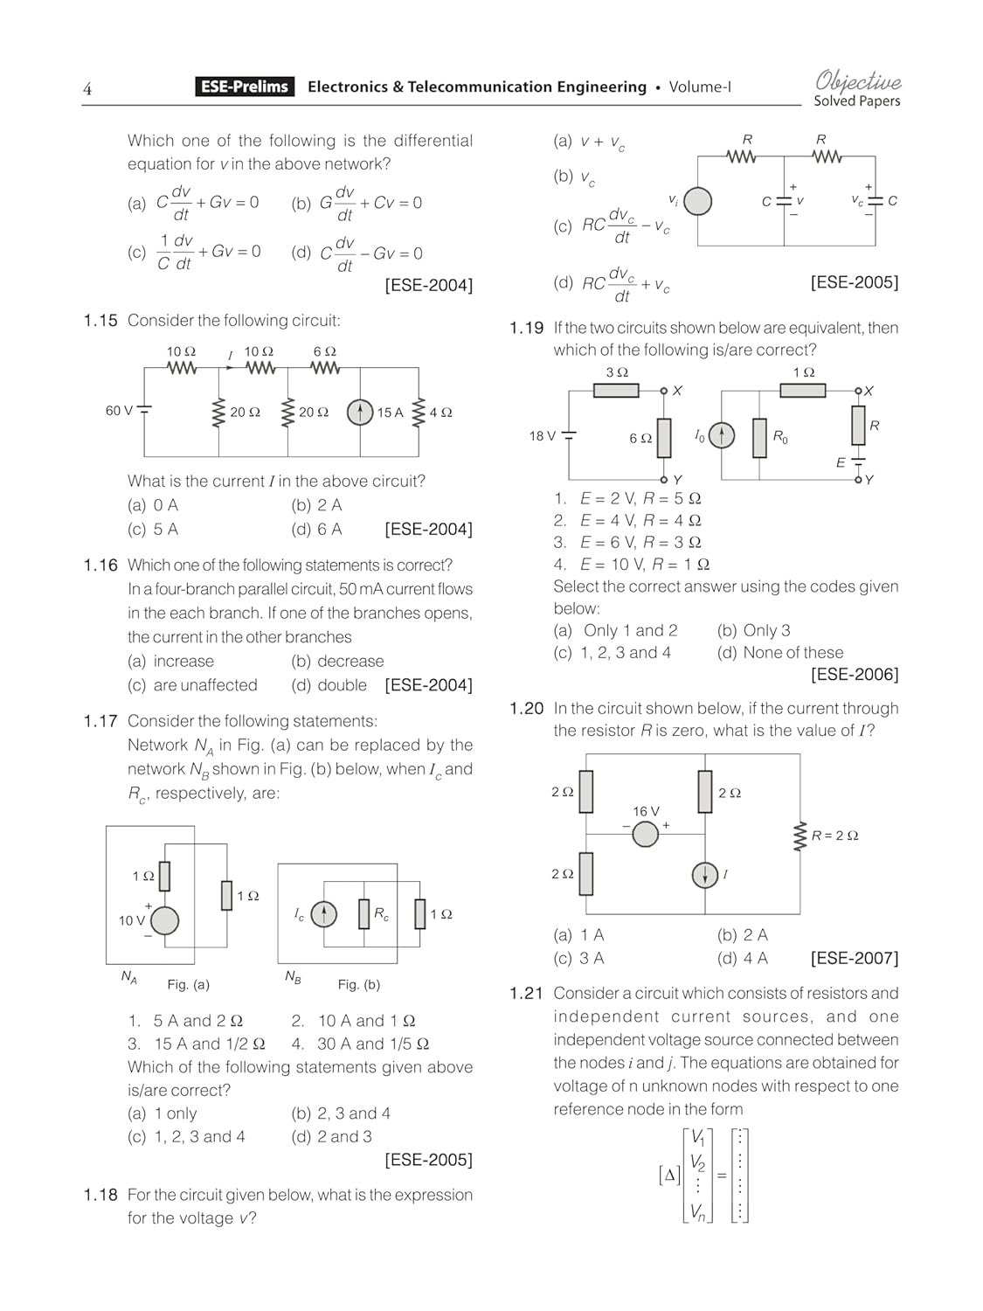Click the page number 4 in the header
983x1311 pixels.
pos(87,88)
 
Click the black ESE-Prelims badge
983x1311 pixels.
pos(245,87)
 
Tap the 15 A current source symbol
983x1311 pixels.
pos(360,412)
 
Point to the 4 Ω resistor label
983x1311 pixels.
pos(440,413)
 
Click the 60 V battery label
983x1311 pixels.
pos(119,411)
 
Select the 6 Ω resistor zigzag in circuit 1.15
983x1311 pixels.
pos(325,369)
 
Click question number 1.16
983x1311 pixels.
pos(100,565)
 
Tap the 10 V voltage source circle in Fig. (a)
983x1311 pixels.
pos(164,920)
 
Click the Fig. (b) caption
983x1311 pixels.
pos(358,984)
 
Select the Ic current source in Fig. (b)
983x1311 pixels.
pos(323,914)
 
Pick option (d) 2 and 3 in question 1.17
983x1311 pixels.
pos(331,1137)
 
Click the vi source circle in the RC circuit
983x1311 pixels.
pos(697,202)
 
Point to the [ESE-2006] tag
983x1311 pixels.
pos(854,675)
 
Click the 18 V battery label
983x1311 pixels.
pos(542,436)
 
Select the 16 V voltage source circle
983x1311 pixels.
pos(645,834)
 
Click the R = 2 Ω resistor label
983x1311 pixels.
pos(834,836)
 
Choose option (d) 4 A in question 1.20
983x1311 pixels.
pos(743,959)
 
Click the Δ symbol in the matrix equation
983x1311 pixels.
pos(670,1176)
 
